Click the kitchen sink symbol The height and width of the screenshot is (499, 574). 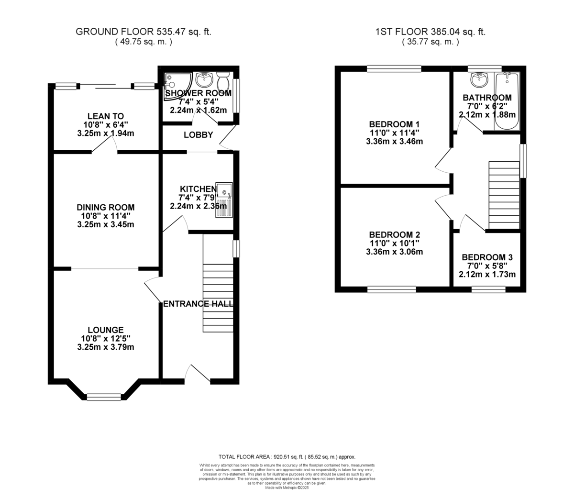click(224, 200)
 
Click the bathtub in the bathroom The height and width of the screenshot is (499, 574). click(507, 101)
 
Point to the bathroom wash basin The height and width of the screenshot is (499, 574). click(479, 80)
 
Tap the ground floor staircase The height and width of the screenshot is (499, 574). click(218, 282)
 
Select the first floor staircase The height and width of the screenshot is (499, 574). click(504, 195)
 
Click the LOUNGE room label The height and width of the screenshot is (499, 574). click(105, 330)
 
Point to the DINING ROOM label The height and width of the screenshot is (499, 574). click(105, 207)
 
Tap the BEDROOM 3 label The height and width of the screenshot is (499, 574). click(487, 257)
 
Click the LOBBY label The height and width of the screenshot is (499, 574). click(198, 135)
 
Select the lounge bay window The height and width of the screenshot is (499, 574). click(104, 397)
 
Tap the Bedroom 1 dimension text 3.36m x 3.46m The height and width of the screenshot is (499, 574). click(394, 142)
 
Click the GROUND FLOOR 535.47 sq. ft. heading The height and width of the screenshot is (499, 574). click(143, 32)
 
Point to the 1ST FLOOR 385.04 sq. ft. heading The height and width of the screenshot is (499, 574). click(430, 32)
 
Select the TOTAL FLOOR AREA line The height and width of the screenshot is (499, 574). click(287, 457)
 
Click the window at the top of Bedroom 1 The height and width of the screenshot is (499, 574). click(394, 69)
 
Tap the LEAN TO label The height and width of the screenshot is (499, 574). click(105, 116)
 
